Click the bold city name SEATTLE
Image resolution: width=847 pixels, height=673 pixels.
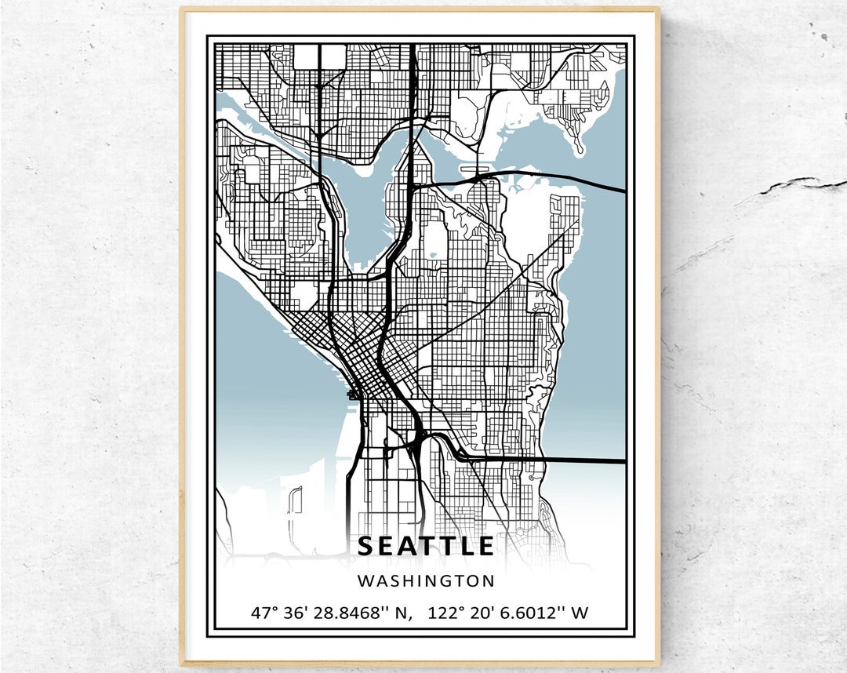pos(426,546)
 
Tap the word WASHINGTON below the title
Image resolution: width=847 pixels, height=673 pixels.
pos(426,581)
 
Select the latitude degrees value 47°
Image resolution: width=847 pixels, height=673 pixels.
pos(265,612)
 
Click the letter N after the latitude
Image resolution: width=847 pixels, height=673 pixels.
pos(403,612)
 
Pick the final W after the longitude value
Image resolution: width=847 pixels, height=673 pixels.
pos(579,612)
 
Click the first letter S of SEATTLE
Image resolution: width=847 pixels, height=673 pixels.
pos(365,546)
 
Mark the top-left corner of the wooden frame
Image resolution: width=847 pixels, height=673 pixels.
pos(182,10)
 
